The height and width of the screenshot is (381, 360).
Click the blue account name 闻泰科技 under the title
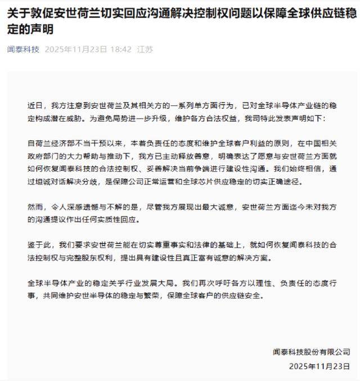coord(23,50)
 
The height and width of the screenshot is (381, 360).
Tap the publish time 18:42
coord(120,50)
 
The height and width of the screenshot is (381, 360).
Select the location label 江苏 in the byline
coord(145,50)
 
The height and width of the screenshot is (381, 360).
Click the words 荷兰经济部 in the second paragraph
coord(54,144)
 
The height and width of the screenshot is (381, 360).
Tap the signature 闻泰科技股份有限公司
coord(310,352)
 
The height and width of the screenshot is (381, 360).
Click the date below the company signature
coord(319,366)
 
